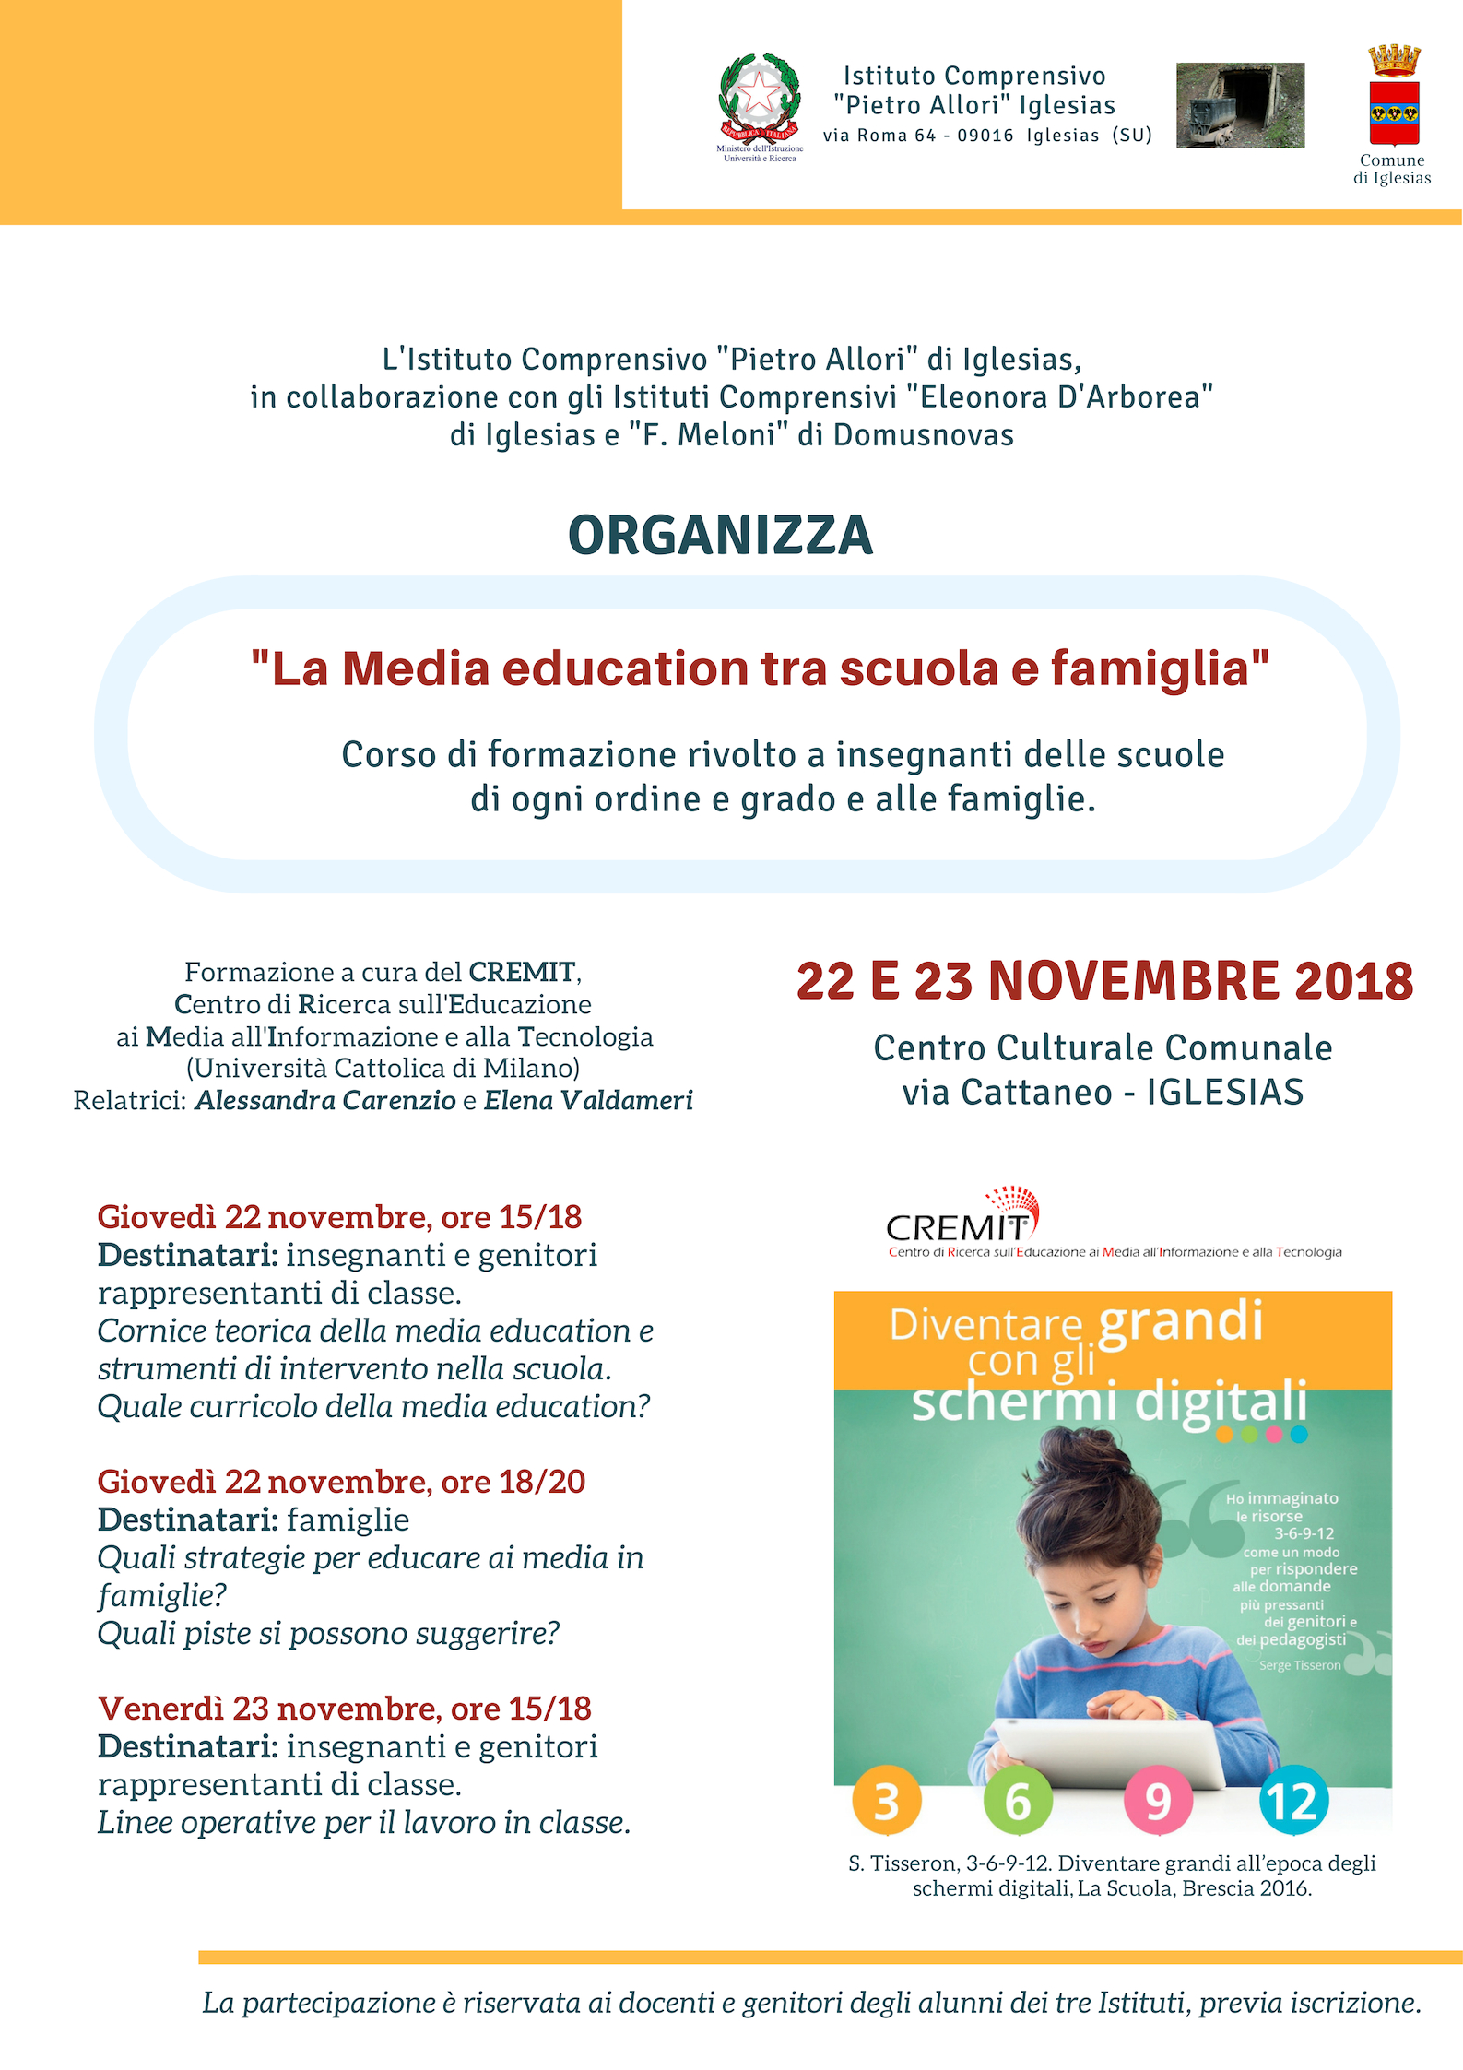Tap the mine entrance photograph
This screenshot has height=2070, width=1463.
pos(1240,105)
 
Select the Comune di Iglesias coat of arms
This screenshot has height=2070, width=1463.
pos(1393,95)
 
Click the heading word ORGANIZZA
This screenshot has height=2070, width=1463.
pos(720,536)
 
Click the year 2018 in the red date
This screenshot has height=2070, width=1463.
pos(1353,981)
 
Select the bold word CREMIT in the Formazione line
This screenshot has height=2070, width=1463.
pos(522,972)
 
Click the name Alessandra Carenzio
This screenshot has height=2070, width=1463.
pos(325,1100)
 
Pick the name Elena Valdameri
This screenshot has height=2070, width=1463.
pos(588,1100)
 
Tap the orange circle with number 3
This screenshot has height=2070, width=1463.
pos(886,1801)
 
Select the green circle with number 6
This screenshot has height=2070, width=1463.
pos(1018,1801)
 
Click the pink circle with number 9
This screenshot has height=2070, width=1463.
pos(1158,1801)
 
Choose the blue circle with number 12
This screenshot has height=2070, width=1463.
pos(1293,1801)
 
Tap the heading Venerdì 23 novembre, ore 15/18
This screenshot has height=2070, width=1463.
pos(344,1709)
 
